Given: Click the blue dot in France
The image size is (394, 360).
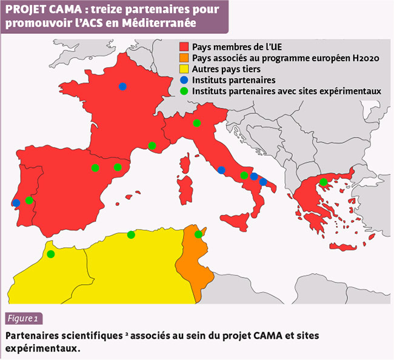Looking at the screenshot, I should (x=122, y=87).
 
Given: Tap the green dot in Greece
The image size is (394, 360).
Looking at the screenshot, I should (x=324, y=182).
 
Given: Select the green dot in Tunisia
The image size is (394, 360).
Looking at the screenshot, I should (x=198, y=235).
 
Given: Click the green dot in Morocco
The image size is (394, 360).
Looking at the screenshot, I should (x=51, y=254).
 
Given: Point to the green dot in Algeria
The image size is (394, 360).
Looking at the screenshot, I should (x=131, y=235).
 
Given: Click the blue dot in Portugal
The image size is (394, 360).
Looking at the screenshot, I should (x=16, y=203).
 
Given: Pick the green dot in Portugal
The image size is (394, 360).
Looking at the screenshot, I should (x=29, y=201).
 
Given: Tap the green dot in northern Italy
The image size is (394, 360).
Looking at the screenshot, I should (x=196, y=123).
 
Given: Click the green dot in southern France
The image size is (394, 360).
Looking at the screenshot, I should (x=152, y=145).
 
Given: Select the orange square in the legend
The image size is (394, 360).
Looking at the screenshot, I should (x=184, y=58).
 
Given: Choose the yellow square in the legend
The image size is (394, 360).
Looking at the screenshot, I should (x=184, y=69).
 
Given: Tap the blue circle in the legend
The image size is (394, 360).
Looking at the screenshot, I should (x=184, y=80).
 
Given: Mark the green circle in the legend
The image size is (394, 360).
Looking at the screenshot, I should (x=184, y=91).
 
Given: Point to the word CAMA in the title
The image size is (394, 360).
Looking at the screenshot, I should (x=61, y=10).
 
